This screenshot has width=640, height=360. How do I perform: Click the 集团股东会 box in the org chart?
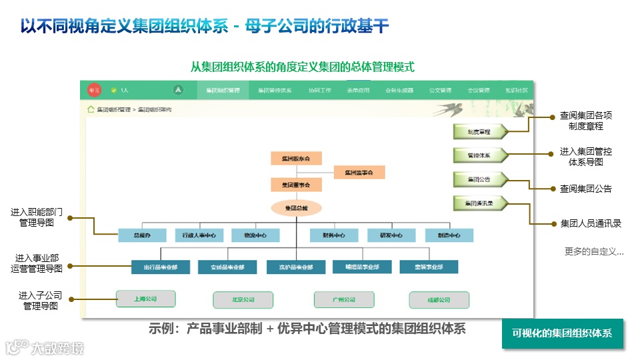click(x=296, y=158)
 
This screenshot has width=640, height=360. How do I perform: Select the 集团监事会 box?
click(x=359, y=173)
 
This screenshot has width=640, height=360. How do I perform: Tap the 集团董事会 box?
click(x=296, y=184)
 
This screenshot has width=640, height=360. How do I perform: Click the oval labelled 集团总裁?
click(x=296, y=208)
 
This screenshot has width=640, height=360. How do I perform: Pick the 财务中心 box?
click(x=333, y=235)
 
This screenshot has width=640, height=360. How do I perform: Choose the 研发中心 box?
click(x=391, y=235)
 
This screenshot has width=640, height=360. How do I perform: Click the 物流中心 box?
click(x=255, y=235)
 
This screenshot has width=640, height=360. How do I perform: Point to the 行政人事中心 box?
click(x=199, y=235)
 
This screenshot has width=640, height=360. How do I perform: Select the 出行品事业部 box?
click(x=160, y=267)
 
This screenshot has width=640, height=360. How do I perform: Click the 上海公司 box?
click(x=145, y=299)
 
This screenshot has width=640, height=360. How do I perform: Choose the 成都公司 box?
click(x=439, y=300)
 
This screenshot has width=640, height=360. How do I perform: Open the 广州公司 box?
click(x=344, y=300)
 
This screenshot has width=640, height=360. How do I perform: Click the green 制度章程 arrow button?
click(x=479, y=132)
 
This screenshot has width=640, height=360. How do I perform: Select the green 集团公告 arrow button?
click(x=479, y=179)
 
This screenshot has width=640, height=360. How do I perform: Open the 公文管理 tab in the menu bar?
click(x=440, y=90)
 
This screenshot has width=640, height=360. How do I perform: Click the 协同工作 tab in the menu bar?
click(x=319, y=90)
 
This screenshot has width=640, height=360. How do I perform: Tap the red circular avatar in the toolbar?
click(x=94, y=90)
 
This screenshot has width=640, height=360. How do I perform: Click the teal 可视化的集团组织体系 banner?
click(x=562, y=333)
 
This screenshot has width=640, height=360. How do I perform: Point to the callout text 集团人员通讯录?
click(x=591, y=223)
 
